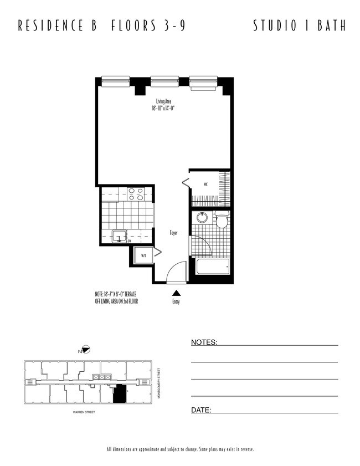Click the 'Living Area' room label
point(163,101)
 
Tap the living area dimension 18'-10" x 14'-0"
point(163,109)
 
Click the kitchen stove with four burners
point(136,194)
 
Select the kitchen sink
point(120,237)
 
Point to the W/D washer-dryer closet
point(143,256)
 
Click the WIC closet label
point(205,184)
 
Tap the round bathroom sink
point(202,217)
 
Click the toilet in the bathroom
point(222,221)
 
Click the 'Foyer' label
point(173,233)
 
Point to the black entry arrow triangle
point(176,293)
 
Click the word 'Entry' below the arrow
point(176,302)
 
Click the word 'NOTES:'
point(204,342)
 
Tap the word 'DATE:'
point(201,410)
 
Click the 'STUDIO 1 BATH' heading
point(299,25)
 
